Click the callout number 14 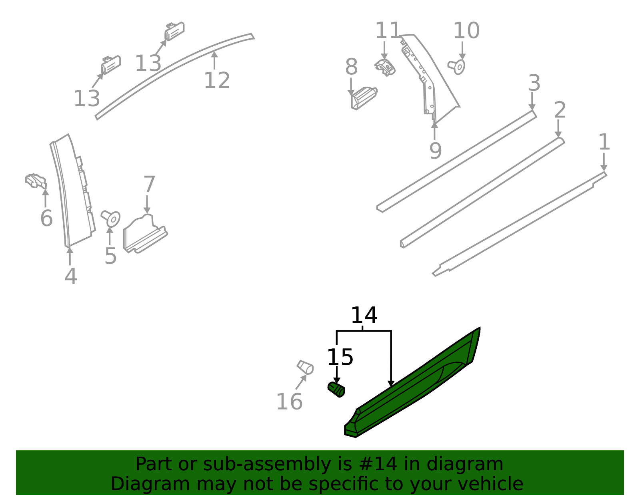tap(364, 315)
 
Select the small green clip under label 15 tap(336, 390)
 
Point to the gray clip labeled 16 tap(305, 367)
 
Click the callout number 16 tap(289, 402)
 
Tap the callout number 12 tap(217, 80)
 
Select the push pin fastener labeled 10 tap(457, 66)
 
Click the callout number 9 tap(435, 151)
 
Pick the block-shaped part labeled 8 tap(363, 97)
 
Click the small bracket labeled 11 tap(385, 67)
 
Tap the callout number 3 tap(534, 83)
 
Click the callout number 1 tap(604, 142)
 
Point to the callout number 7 tap(149, 184)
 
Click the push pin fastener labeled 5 tap(111, 218)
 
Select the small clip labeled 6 tap(36, 181)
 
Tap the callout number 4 tap(70, 276)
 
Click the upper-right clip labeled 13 tap(174, 31)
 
